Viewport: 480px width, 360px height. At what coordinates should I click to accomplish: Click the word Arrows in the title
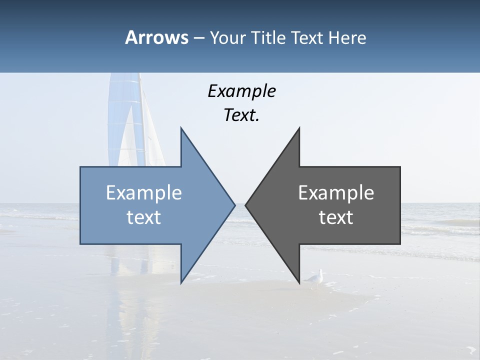point(156,37)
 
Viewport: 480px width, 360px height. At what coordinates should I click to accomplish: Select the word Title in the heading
point(271,37)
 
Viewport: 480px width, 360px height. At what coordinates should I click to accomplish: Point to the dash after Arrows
point(198,38)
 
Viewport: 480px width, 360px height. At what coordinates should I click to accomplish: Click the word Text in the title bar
point(307,37)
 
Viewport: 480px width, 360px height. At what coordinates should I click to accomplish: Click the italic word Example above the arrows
point(241,91)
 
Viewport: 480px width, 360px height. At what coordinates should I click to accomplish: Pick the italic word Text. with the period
point(241,115)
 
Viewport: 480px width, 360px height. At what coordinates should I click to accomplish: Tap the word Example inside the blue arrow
point(144,193)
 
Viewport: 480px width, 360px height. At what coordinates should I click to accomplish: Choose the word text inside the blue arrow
point(144,217)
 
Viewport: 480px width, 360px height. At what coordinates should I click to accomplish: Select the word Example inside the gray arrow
point(336,193)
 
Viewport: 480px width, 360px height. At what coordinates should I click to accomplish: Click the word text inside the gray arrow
point(336,217)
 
